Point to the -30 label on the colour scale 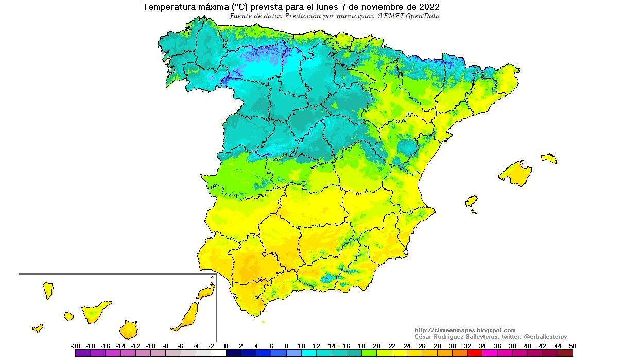pyautogui.click(x=75, y=346)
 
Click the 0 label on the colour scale pyautogui.click(x=226, y=346)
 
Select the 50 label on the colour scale pyautogui.click(x=573, y=346)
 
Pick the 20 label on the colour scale pyautogui.click(x=377, y=346)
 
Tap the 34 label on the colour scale pyautogui.click(x=482, y=346)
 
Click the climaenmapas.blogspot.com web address pyautogui.click(x=464, y=330)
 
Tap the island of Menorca pyautogui.click(x=549, y=158)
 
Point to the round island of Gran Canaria pyautogui.click(x=129, y=329)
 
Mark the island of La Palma pyautogui.click(x=48, y=290)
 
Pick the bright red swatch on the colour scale pyautogui.click(x=475, y=353)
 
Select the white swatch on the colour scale pyautogui.click(x=218, y=353)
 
